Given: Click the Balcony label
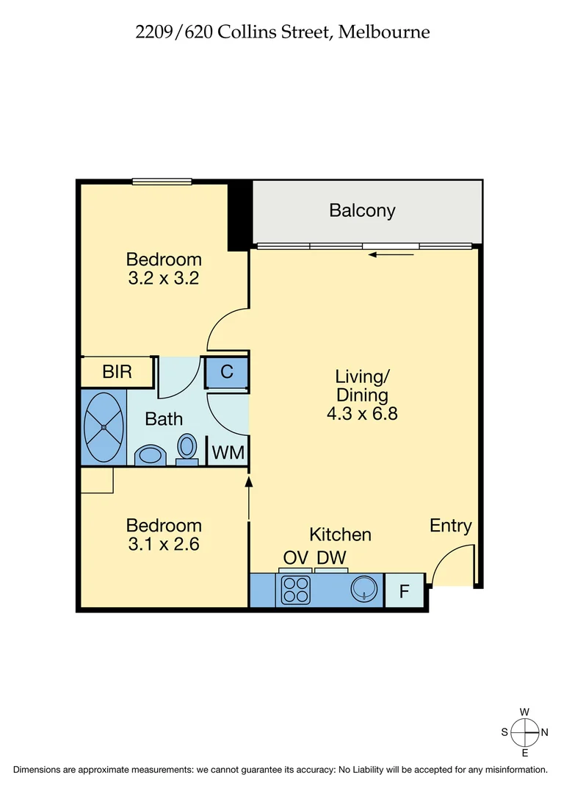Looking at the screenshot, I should coord(362,211).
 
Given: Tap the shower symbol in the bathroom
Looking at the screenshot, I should coord(104,426).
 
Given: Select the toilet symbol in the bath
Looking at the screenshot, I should coord(188,447).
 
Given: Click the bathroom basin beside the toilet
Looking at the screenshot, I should coord(151,455).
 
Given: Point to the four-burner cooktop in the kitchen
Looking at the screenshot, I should coord(296,590).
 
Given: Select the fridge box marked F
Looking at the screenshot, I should coord(404,590).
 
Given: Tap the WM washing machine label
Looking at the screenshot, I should coord(228,453).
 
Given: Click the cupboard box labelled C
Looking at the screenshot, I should coord(227,372).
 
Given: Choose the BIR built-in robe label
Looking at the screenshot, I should coord(117,372).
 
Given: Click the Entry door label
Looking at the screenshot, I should coord(450,526).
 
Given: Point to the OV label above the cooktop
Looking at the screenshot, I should coord(295,557).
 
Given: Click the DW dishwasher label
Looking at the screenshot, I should coord(331,557).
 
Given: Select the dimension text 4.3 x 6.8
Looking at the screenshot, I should coord(362,414).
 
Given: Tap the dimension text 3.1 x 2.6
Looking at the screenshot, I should coord(164,545).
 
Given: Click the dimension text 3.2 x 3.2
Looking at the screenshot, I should coord(164,279).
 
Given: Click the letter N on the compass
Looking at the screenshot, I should coord(544,732).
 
